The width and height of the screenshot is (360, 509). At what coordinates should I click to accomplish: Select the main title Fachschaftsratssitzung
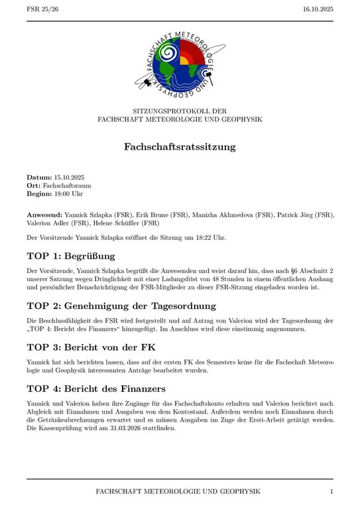(180, 146)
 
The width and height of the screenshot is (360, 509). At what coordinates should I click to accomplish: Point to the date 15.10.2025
(70, 177)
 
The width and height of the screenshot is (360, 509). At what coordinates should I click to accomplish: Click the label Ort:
(34, 186)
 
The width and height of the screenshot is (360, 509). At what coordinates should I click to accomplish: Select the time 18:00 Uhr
(68, 194)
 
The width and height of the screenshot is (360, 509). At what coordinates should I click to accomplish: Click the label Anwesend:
(44, 215)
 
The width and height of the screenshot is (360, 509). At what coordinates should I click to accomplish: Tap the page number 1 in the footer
(331, 491)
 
